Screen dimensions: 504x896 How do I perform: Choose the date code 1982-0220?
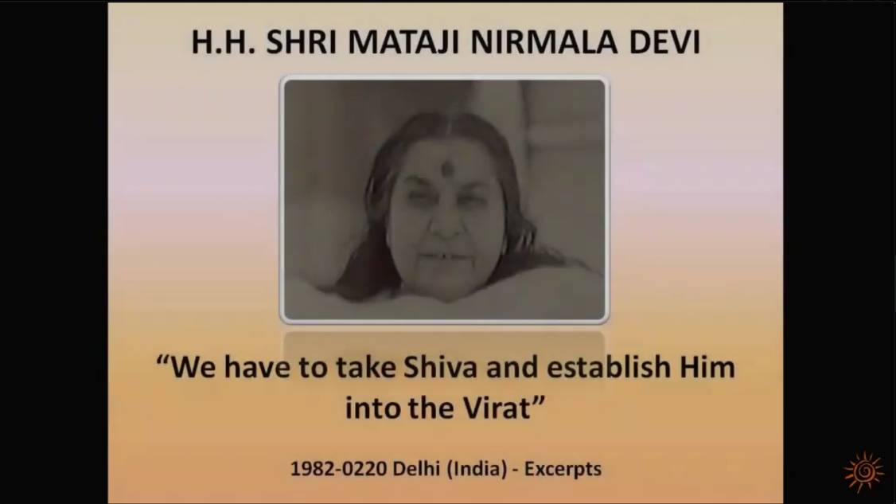pos(340,468)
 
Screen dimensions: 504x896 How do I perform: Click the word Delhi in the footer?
pos(419,468)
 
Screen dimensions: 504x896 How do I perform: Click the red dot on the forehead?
pos(447,169)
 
